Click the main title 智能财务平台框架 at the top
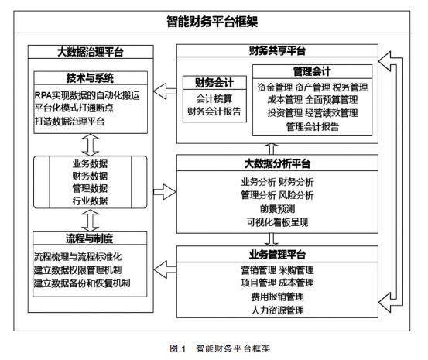point(212,22)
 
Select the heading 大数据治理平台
point(91,52)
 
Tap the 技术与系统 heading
point(90,78)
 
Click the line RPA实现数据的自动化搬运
point(87,95)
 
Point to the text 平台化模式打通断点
point(74,108)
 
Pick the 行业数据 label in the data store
point(90,201)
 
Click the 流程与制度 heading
point(90,238)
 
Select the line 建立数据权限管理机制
point(78,270)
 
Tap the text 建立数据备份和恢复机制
point(82,283)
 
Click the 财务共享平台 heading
point(277,51)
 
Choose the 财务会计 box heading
point(214,83)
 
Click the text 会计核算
point(214,98)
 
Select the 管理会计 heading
point(312,71)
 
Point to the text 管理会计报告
point(313,126)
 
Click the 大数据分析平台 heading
point(277,163)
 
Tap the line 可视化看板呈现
point(277,222)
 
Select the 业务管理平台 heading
point(277,255)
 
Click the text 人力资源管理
point(277,310)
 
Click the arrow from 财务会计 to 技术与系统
point(165,91)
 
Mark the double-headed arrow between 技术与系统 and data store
point(91,145)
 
